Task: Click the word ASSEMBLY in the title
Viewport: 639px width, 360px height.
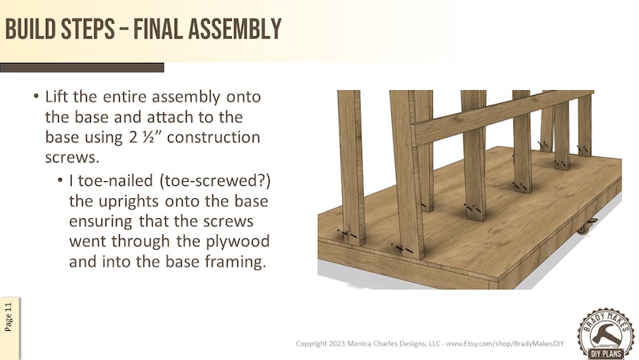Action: tap(233, 29)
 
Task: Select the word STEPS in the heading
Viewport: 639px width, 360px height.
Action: tap(89, 29)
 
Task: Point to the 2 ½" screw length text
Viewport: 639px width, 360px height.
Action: tap(143, 137)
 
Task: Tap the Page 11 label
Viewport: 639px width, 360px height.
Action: tap(9, 317)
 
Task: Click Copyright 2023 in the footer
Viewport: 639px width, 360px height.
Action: tap(323, 344)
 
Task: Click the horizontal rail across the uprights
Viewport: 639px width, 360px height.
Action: tap(499, 117)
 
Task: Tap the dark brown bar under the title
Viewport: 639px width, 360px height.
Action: tap(81, 68)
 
